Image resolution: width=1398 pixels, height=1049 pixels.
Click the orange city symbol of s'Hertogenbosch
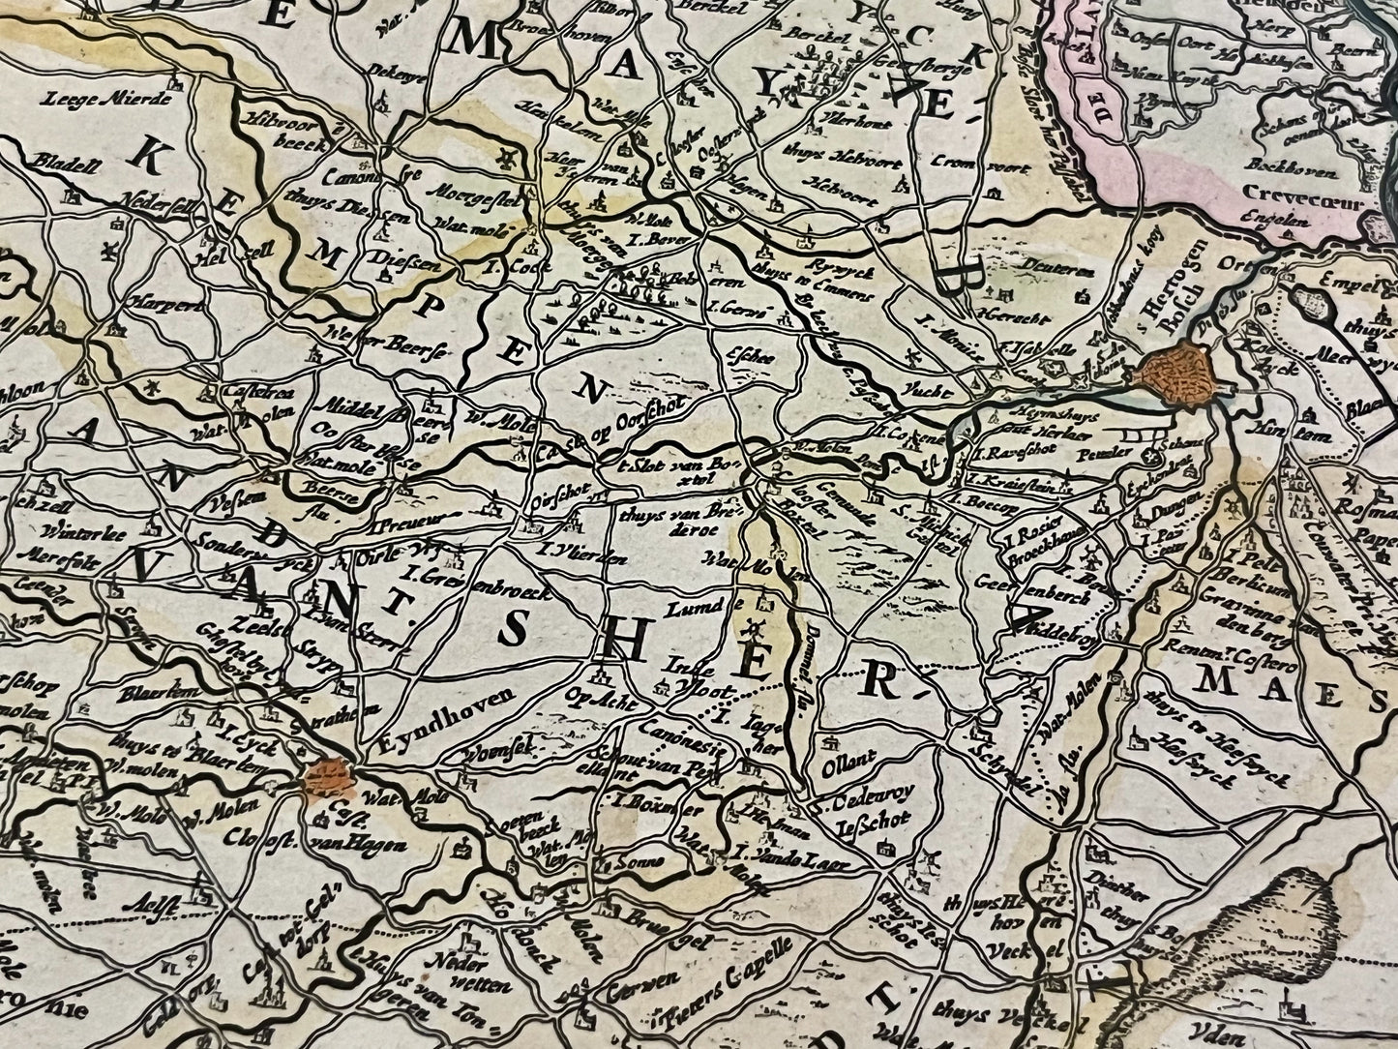tap(1175, 375)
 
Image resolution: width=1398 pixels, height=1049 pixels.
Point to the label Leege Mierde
tap(106, 97)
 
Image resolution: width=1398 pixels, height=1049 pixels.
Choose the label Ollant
tap(840, 773)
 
